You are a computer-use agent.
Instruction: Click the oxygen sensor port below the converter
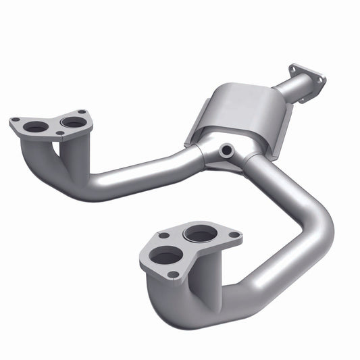[226, 149]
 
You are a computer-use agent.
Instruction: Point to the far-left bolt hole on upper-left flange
[15, 120]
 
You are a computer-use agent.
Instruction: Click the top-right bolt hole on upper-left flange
[82, 111]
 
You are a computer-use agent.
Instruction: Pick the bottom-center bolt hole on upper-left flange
[60, 133]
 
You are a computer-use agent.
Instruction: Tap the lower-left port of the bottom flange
[165, 256]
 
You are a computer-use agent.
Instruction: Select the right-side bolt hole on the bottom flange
[234, 235]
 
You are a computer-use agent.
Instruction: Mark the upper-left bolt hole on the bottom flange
[163, 236]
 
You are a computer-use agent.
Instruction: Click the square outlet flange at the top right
[307, 81]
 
